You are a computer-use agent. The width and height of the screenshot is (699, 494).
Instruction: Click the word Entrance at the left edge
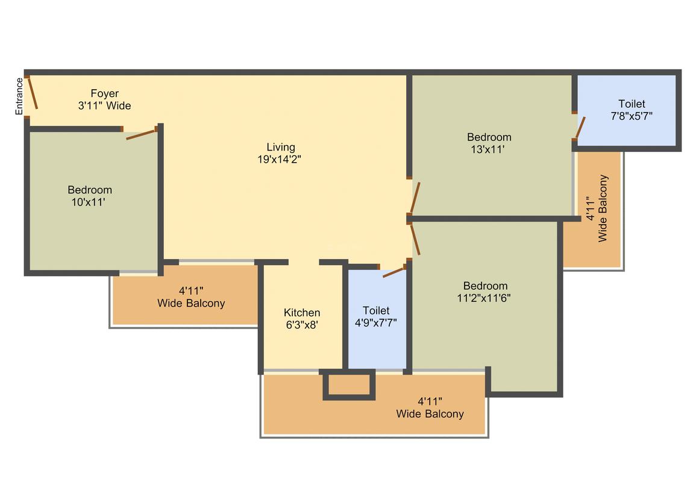[x=19, y=96]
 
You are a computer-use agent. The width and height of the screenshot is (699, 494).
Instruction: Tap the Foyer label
[x=105, y=93]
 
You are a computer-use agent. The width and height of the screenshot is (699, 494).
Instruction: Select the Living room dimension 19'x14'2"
[x=280, y=159]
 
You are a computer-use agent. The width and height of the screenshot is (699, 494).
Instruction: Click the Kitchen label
[x=302, y=313]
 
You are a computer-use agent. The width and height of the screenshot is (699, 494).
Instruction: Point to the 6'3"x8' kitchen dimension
[x=302, y=325]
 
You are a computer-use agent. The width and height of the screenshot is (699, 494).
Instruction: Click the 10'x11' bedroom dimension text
[x=88, y=202]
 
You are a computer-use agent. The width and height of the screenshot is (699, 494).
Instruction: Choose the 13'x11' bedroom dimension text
[x=487, y=149]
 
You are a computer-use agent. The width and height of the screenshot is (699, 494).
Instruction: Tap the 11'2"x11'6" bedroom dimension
[x=484, y=298]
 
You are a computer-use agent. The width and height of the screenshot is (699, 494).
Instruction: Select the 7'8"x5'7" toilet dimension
[x=632, y=116]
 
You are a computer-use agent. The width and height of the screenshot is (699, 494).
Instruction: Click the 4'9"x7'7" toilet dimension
[x=376, y=322]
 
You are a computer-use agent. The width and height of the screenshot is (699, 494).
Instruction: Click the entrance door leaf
[x=33, y=92]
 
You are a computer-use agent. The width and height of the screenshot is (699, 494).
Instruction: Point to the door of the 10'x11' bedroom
[x=142, y=134]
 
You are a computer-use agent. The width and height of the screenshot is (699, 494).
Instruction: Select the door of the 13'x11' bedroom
[x=415, y=197]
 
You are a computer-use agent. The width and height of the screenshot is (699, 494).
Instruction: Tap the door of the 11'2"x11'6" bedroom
[x=415, y=239]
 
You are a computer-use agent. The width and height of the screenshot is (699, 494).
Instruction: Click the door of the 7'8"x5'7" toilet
[x=580, y=128]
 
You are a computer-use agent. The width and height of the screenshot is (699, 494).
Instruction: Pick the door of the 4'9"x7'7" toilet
[x=394, y=272]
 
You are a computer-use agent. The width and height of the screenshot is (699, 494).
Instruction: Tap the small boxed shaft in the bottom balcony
[x=349, y=384]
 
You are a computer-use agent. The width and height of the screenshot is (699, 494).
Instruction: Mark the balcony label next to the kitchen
[x=191, y=297]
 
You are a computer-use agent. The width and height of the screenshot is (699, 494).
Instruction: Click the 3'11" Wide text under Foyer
[x=105, y=105]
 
